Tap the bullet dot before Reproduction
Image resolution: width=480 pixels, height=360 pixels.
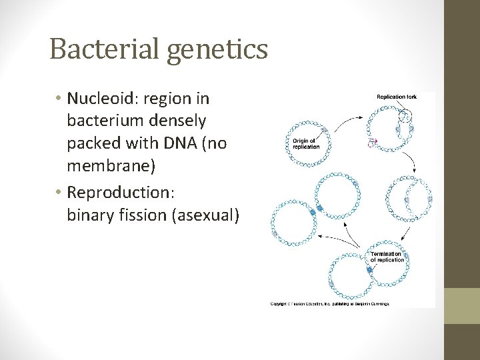tap(59, 193)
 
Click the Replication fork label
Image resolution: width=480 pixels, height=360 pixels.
tap(396, 97)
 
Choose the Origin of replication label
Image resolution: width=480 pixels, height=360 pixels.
tap(306, 143)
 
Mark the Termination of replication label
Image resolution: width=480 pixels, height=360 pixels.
tap(387, 257)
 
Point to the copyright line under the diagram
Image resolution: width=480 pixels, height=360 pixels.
tap(329, 303)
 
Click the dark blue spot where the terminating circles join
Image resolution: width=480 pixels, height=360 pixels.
tap(368, 270)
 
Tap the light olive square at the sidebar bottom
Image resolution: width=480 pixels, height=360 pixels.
tap(462, 305)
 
